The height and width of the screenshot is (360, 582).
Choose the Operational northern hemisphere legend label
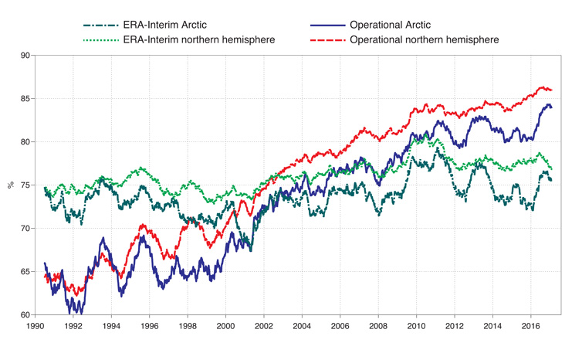tap(424, 39)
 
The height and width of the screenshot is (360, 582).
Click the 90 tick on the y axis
tap(25, 56)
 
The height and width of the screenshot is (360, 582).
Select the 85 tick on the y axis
tap(25, 99)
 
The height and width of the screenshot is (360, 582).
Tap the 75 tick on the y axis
tap(25, 185)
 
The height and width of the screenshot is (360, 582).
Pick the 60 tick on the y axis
tap(25, 315)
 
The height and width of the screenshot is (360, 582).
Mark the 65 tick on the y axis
tap(25, 272)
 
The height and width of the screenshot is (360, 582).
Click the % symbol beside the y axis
tap(10, 185)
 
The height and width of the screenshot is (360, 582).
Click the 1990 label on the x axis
tap(36, 328)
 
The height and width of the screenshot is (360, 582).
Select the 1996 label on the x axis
tap(150, 328)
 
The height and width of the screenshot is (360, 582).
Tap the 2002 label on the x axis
tap(264, 328)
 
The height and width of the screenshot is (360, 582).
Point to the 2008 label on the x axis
tap(378, 328)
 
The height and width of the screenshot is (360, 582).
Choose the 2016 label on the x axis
tap(531, 328)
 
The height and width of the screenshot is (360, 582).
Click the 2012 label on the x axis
tap(455, 328)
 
